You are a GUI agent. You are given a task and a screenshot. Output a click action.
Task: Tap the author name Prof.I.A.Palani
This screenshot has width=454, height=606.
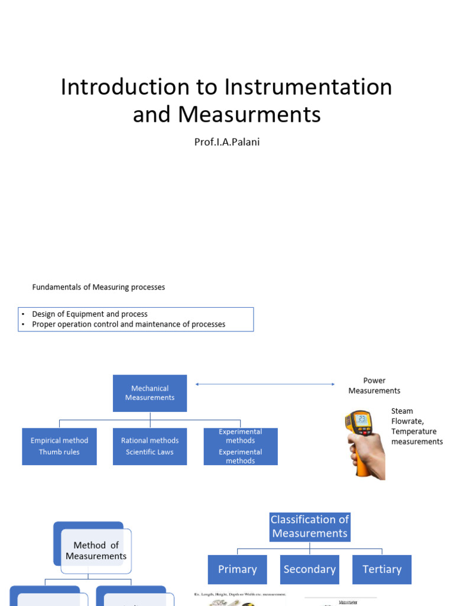point(227,142)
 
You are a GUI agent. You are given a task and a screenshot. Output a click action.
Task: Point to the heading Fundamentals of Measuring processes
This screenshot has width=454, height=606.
point(98,287)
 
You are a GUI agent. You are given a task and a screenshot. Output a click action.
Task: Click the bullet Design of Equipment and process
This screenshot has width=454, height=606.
point(90,314)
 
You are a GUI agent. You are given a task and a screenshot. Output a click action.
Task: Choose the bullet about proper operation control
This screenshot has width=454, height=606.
point(128,324)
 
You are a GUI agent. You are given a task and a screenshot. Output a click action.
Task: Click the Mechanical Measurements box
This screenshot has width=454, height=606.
point(150,393)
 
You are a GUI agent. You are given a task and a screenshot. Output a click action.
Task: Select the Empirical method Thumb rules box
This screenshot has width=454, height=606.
point(59,446)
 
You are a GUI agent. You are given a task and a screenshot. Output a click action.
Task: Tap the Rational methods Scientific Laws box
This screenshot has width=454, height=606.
point(150,446)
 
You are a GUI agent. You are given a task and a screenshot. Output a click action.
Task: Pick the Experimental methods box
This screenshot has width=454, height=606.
point(240,446)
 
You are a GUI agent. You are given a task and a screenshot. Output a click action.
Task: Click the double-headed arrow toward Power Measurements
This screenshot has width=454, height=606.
point(265,385)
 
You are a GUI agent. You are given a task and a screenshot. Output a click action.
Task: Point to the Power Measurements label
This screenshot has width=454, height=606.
point(374,385)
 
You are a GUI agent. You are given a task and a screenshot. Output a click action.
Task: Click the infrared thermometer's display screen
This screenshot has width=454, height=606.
point(362,420)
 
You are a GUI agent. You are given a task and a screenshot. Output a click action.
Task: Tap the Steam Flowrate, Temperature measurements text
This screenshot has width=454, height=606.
point(416,426)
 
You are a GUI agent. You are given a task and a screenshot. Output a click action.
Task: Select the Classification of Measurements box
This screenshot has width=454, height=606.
point(310,527)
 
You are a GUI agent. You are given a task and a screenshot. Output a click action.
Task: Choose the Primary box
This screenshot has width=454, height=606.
point(237,569)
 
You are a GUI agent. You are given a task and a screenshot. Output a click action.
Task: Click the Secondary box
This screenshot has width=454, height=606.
point(309,569)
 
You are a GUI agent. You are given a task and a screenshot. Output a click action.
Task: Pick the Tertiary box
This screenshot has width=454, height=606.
point(382,569)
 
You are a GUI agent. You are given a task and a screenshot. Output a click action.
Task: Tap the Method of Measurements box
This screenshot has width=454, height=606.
point(96,550)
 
